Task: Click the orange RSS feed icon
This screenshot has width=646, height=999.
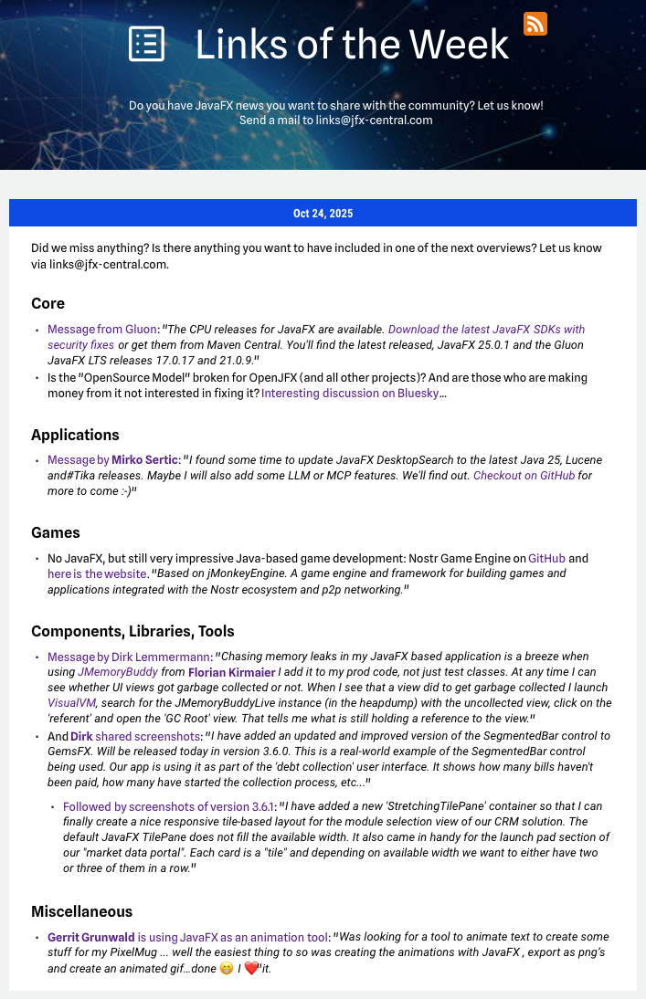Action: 535,24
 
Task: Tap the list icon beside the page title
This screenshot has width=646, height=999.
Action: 147,44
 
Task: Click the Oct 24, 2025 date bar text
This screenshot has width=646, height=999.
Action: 323,214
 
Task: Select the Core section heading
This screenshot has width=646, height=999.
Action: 48,303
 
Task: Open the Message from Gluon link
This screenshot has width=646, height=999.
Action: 102,329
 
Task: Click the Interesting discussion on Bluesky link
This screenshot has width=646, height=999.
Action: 350,394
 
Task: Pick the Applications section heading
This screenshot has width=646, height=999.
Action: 75,435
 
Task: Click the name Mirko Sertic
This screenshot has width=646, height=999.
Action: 144,460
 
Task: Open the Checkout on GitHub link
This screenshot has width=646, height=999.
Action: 524,476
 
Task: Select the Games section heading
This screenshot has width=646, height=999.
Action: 56,532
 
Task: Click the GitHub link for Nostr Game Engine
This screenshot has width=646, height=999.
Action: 546,558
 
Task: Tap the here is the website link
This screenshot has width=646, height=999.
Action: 97,574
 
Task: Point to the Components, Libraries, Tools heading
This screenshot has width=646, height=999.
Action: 132,631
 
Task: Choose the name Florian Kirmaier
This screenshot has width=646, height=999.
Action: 231,672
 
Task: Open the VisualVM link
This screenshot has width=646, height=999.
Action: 71,703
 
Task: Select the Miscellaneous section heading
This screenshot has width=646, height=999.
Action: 81,911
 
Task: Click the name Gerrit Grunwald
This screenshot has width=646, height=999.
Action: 90,937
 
